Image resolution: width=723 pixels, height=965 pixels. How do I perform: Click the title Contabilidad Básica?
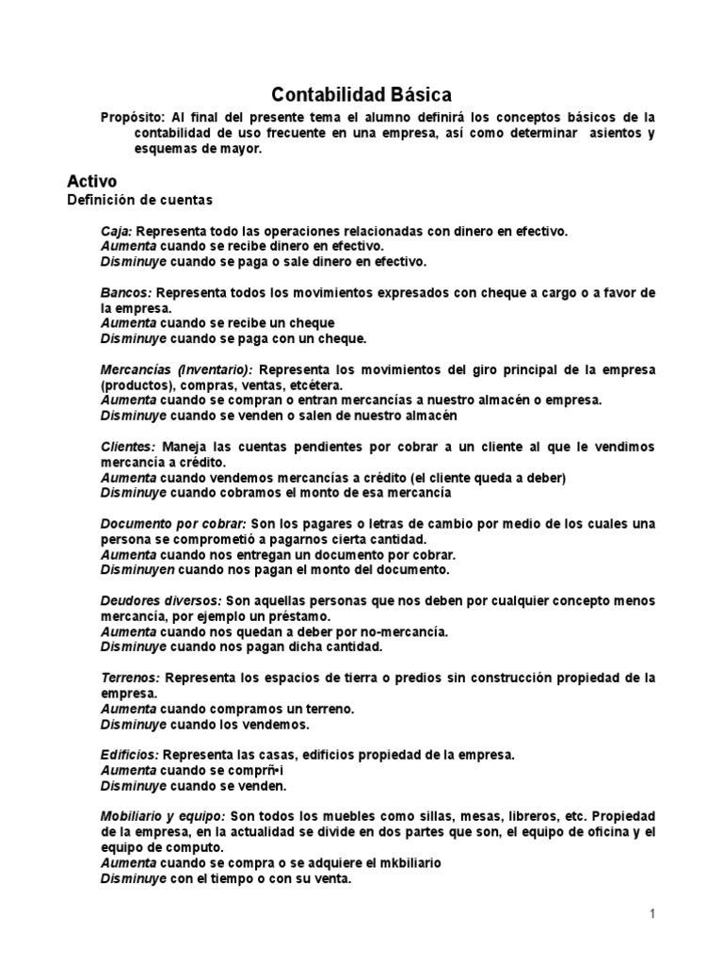coord(361,94)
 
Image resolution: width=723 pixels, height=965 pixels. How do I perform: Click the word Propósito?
coord(131,117)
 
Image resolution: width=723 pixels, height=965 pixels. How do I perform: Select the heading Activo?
coord(91,180)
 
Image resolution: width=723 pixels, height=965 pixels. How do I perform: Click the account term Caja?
coord(116,231)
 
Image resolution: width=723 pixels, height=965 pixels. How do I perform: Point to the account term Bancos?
coord(126,292)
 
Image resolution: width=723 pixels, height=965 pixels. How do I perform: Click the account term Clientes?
coord(128,447)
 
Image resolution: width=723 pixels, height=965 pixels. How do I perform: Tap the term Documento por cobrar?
coord(173,524)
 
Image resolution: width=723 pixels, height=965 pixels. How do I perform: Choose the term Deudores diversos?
coord(161,601)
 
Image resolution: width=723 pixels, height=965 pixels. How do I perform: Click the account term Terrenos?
coord(130,679)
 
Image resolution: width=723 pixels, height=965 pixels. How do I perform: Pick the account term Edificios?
coord(130,756)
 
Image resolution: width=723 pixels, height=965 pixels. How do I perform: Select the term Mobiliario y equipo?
coord(163,816)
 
